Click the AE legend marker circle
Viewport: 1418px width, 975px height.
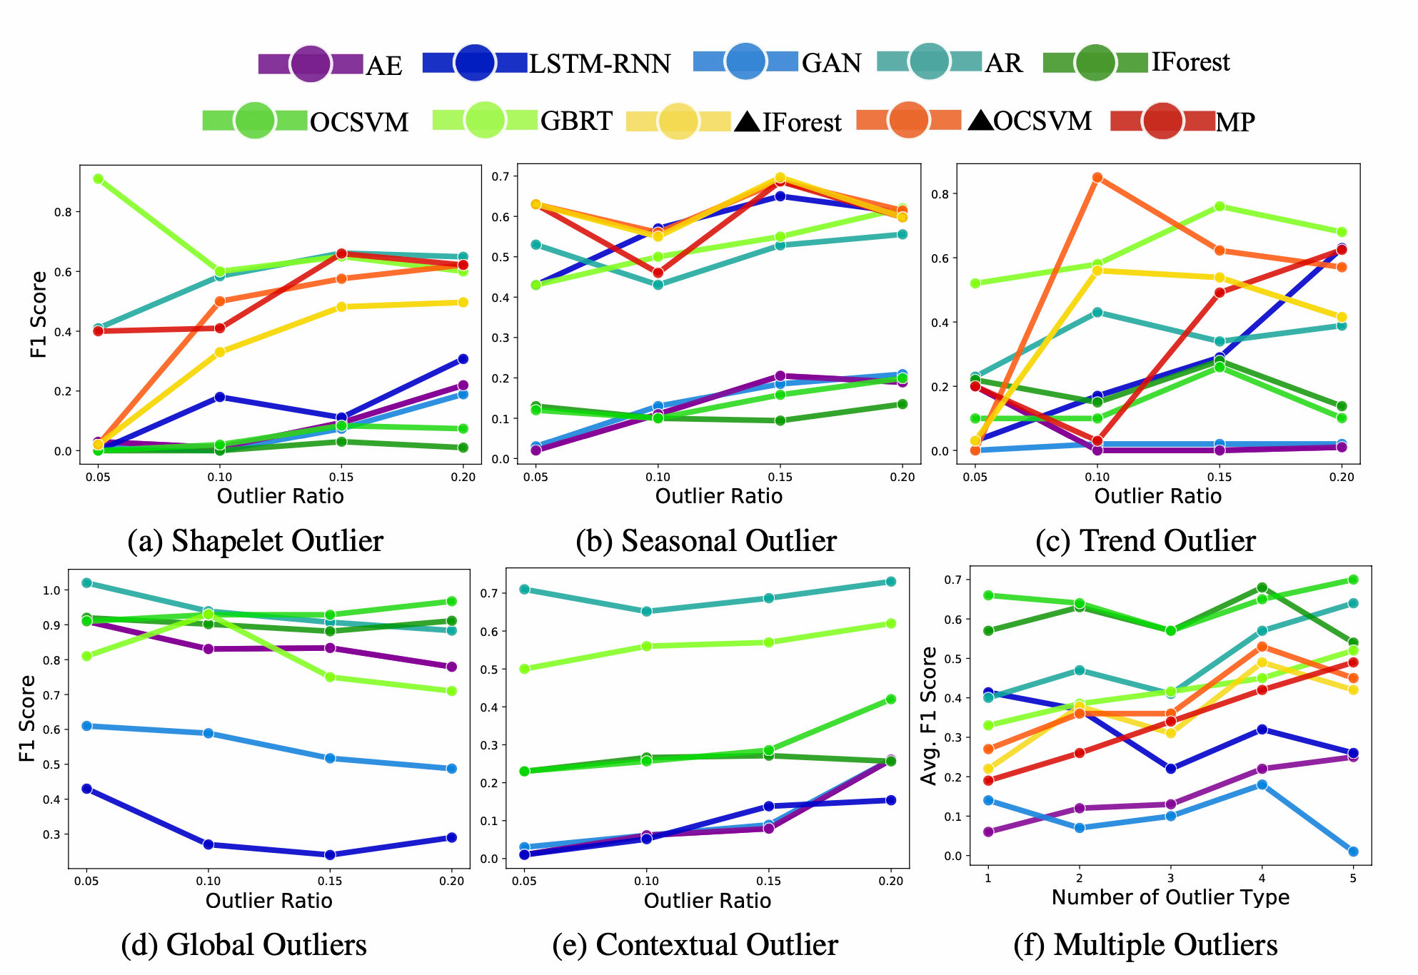point(311,64)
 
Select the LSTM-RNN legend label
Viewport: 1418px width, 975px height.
point(599,64)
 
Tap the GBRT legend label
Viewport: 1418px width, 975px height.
point(576,121)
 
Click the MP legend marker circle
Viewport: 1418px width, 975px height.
point(1162,121)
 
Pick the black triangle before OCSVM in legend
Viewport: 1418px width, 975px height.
point(981,121)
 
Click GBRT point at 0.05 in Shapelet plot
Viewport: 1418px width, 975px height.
point(98,178)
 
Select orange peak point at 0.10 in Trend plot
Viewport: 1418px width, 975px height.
point(1097,177)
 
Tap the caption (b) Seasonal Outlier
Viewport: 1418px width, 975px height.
point(705,540)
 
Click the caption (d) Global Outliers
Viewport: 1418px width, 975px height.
point(243,944)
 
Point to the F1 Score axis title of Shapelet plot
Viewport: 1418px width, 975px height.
point(39,314)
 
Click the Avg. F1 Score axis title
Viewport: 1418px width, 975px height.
point(928,716)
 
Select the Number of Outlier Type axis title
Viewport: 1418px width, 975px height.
point(1170,897)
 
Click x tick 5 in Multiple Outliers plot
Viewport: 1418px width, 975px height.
point(1353,879)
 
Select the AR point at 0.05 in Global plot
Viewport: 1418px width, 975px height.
point(87,582)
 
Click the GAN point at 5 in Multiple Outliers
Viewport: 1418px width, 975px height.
point(1353,852)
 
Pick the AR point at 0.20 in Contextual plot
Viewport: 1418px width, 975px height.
point(890,582)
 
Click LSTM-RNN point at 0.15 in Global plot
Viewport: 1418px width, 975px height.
point(330,854)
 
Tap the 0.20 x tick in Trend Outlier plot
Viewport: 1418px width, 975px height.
point(1342,477)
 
